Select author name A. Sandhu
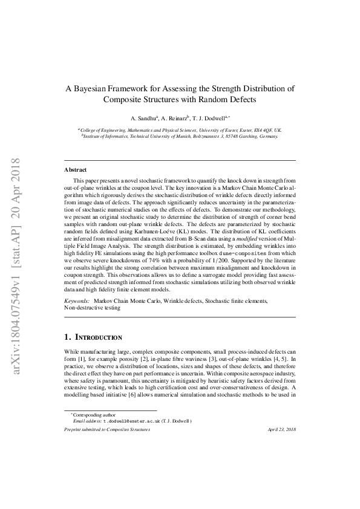[x=144, y=118]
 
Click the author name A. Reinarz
[x=173, y=118]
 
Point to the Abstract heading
[x=75, y=170]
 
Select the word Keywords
[x=77, y=300]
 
